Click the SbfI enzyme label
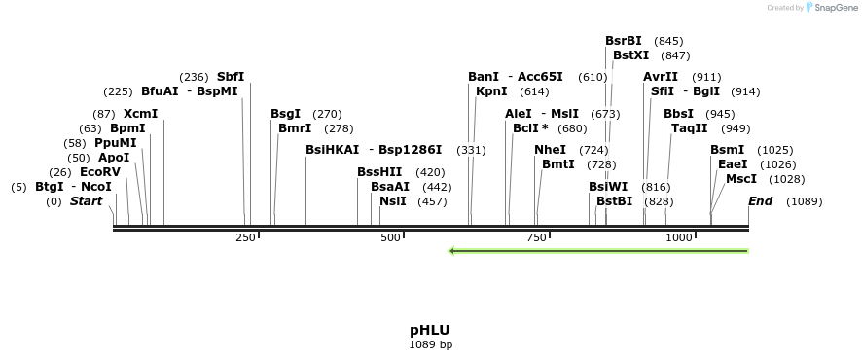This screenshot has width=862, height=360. [231, 76]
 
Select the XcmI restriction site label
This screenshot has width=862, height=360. [140, 114]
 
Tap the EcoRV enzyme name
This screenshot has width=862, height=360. [100, 172]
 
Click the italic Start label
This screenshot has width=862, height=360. [86, 201]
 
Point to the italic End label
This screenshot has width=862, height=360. [760, 201]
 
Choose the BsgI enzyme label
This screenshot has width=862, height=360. [285, 114]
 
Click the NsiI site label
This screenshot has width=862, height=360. [393, 201]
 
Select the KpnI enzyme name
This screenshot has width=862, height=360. [491, 91]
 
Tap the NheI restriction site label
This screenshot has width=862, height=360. [550, 150]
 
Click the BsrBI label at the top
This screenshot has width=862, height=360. [624, 41]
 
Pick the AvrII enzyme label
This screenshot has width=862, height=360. [661, 77]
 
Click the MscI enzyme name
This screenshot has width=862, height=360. [741, 179]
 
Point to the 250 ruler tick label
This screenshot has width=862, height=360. [245, 237]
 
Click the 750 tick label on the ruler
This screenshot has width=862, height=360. [535, 237]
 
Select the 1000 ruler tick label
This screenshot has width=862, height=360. [678, 237]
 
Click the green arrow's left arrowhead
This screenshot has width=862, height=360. [452, 251]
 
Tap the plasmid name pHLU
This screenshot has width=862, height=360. [429, 330]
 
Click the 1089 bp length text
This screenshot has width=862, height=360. [429, 344]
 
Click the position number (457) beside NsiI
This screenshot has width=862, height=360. [433, 201]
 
